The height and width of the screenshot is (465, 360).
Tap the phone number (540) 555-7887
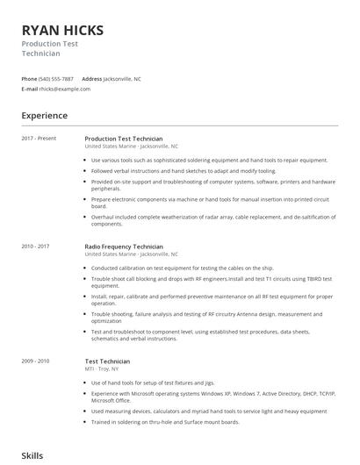(56, 79)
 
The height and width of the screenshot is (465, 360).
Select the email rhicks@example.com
(66, 89)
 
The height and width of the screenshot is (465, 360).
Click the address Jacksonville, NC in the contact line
(122, 79)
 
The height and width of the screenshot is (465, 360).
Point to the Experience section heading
(44, 115)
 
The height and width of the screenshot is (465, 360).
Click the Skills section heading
(32, 456)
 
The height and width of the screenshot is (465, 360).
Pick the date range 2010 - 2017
(36, 247)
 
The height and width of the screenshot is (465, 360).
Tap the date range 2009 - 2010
(36, 361)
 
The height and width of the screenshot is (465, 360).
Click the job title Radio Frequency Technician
(124, 247)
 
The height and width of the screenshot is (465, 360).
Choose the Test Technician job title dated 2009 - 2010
(107, 361)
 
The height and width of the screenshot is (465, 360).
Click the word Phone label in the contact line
(29, 79)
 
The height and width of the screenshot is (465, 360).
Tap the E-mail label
(30, 89)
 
